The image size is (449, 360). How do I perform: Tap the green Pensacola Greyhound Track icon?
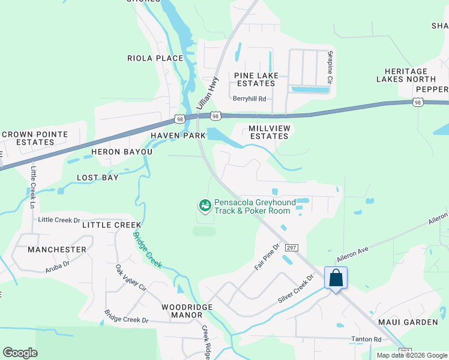click(205, 206)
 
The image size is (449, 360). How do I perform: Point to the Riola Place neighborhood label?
click(155, 58)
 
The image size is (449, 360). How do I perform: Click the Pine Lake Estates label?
click(255, 79)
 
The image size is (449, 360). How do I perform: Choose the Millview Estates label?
click(269, 132)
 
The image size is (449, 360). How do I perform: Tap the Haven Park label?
click(178, 136)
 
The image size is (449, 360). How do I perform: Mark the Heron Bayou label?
click(122, 152)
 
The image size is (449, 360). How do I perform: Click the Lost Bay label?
click(100, 178)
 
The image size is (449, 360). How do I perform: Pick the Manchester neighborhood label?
click(56, 249)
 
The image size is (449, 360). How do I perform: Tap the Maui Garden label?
click(408, 322)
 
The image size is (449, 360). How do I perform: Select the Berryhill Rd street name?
click(249, 99)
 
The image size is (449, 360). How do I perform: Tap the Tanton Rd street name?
click(366, 340)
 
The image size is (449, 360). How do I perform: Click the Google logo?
click(20, 353)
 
